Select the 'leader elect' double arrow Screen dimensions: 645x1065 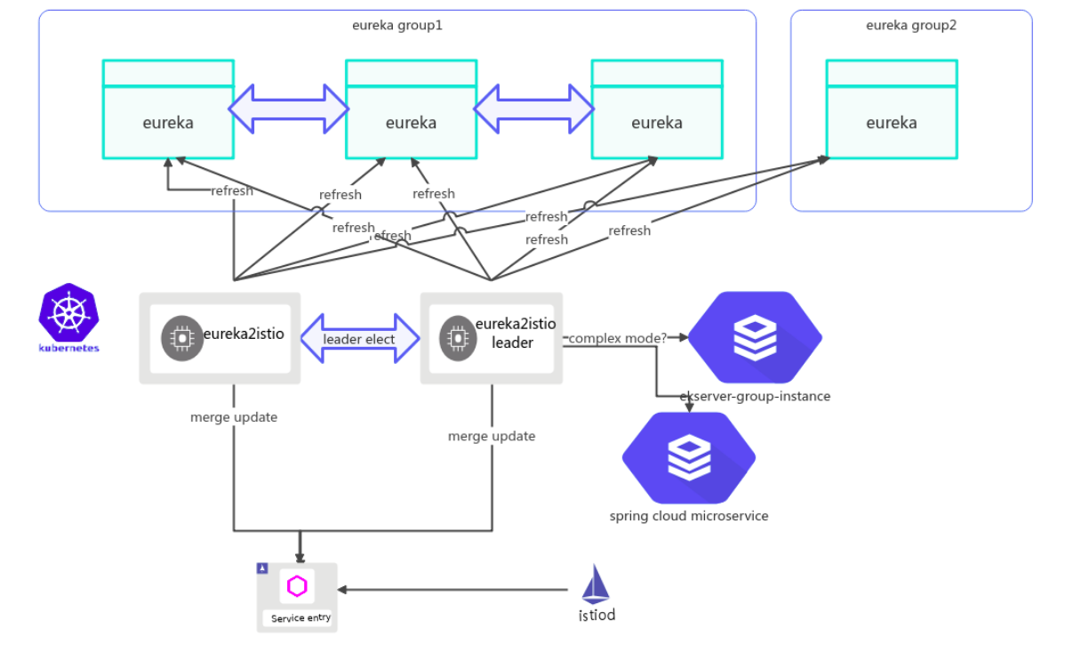(359, 339)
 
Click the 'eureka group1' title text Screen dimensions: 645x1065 (397, 25)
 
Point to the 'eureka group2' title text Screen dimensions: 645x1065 (911, 25)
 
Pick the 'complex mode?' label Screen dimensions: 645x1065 (618, 338)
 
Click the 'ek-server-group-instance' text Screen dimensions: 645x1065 (755, 396)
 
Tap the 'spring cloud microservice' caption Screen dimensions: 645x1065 (689, 515)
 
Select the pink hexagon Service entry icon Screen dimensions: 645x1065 (297, 586)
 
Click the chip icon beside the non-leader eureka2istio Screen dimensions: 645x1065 (180, 338)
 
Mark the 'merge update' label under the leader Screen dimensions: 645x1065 (492, 436)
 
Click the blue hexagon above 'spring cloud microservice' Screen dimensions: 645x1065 (689, 457)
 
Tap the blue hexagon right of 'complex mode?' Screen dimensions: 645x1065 (755, 336)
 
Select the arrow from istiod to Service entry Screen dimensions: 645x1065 (453, 589)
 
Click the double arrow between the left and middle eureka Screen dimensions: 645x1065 (290, 109)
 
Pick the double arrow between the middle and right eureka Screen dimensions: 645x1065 (534, 109)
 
